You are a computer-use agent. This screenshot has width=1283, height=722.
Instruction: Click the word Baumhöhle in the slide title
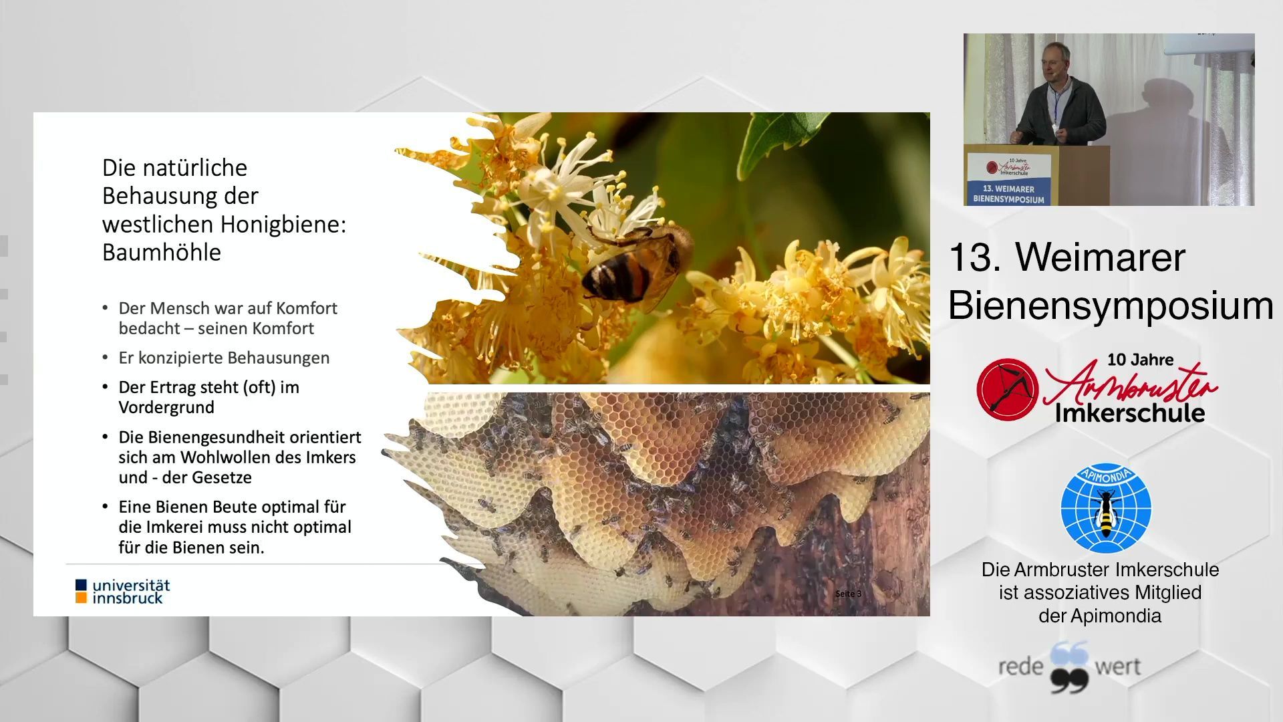tap(162, 252)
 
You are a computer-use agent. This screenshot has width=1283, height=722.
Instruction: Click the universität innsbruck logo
tap(123, 592)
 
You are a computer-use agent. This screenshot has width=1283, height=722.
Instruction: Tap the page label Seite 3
tap(848, 594)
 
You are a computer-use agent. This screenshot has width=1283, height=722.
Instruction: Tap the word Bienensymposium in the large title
tap(1111, 306)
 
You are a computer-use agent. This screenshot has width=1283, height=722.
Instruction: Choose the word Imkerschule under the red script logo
tap(1130, 412)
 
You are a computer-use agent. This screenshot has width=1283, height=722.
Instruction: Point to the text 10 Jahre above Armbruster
tap(1140, 360)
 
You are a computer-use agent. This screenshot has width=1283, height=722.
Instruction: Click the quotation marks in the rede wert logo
tap(1069, 667)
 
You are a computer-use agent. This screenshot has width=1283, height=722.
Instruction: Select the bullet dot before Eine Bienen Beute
tap(105, 506)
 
